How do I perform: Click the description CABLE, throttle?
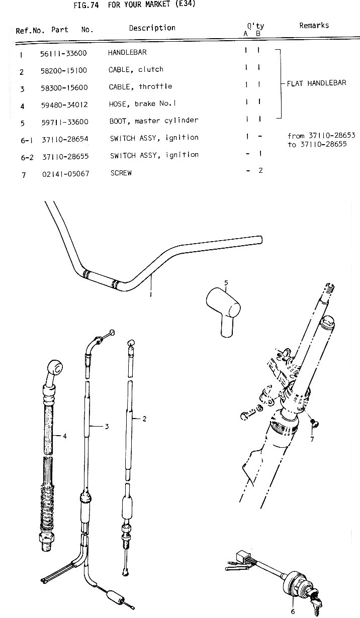(x=140, y=87)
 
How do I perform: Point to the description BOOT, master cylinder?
(x=154, y=121)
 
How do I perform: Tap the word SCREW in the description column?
(x=121, y=173)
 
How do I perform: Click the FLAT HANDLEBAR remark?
(x=316, y=83)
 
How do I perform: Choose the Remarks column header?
(x=314, y=25)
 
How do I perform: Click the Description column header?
(x=152, y=28)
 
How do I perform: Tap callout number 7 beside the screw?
(x=312, y=440)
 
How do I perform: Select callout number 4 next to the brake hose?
(x=65, y=436)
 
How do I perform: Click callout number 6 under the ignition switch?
(x=293, y=611)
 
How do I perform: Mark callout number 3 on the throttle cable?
(x=107, y=427)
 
